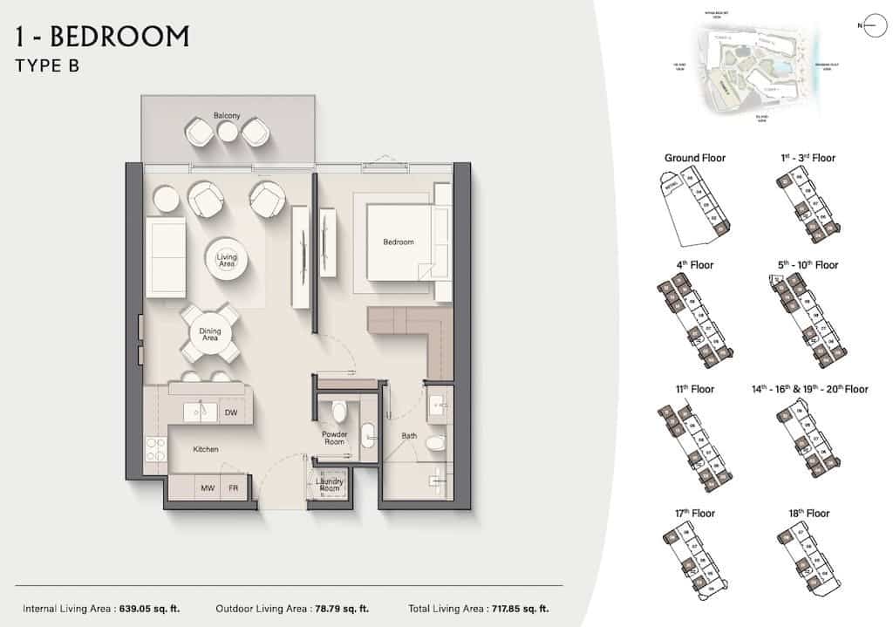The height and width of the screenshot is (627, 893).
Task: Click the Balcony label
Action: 227,116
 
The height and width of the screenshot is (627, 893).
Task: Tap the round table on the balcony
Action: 228,132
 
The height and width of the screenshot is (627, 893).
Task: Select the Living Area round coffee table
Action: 227,257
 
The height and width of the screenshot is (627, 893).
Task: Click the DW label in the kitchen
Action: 231,412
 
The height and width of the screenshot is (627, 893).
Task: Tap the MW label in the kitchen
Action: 208,488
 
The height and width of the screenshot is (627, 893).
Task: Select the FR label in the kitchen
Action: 234,488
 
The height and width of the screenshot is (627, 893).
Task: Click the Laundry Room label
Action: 330,485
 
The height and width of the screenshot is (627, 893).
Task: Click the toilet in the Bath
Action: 435,445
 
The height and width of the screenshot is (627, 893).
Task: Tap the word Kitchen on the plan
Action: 206,450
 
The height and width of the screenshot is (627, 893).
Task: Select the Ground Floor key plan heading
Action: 695,158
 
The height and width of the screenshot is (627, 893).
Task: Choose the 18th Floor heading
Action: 807,514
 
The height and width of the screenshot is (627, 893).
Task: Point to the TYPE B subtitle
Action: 48,66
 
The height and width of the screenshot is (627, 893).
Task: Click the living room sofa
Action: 165,258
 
